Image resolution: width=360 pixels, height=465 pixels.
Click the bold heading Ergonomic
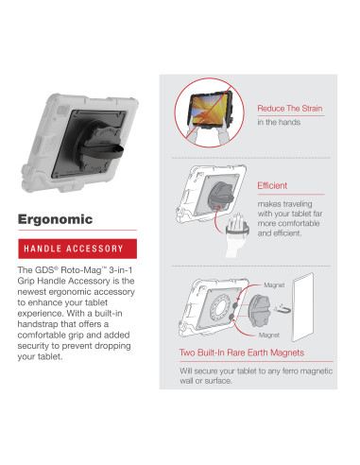tap(55, 219)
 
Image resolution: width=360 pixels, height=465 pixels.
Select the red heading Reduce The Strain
tap(290, 109)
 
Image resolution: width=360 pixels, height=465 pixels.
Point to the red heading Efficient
tap(272, 186)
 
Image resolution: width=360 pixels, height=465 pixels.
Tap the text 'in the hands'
tap(278, 123)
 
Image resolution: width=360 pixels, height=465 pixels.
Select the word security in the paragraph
tap(36, 347)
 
